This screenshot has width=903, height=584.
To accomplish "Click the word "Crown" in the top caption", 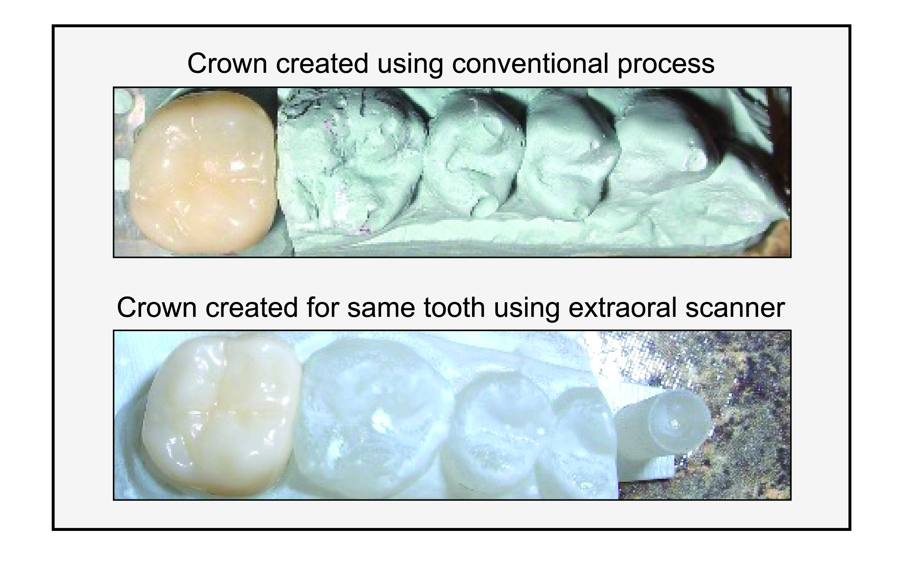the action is point(227,63).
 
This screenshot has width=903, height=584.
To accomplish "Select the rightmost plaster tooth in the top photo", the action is point(660,152).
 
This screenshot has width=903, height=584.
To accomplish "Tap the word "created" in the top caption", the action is point(322,63).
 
